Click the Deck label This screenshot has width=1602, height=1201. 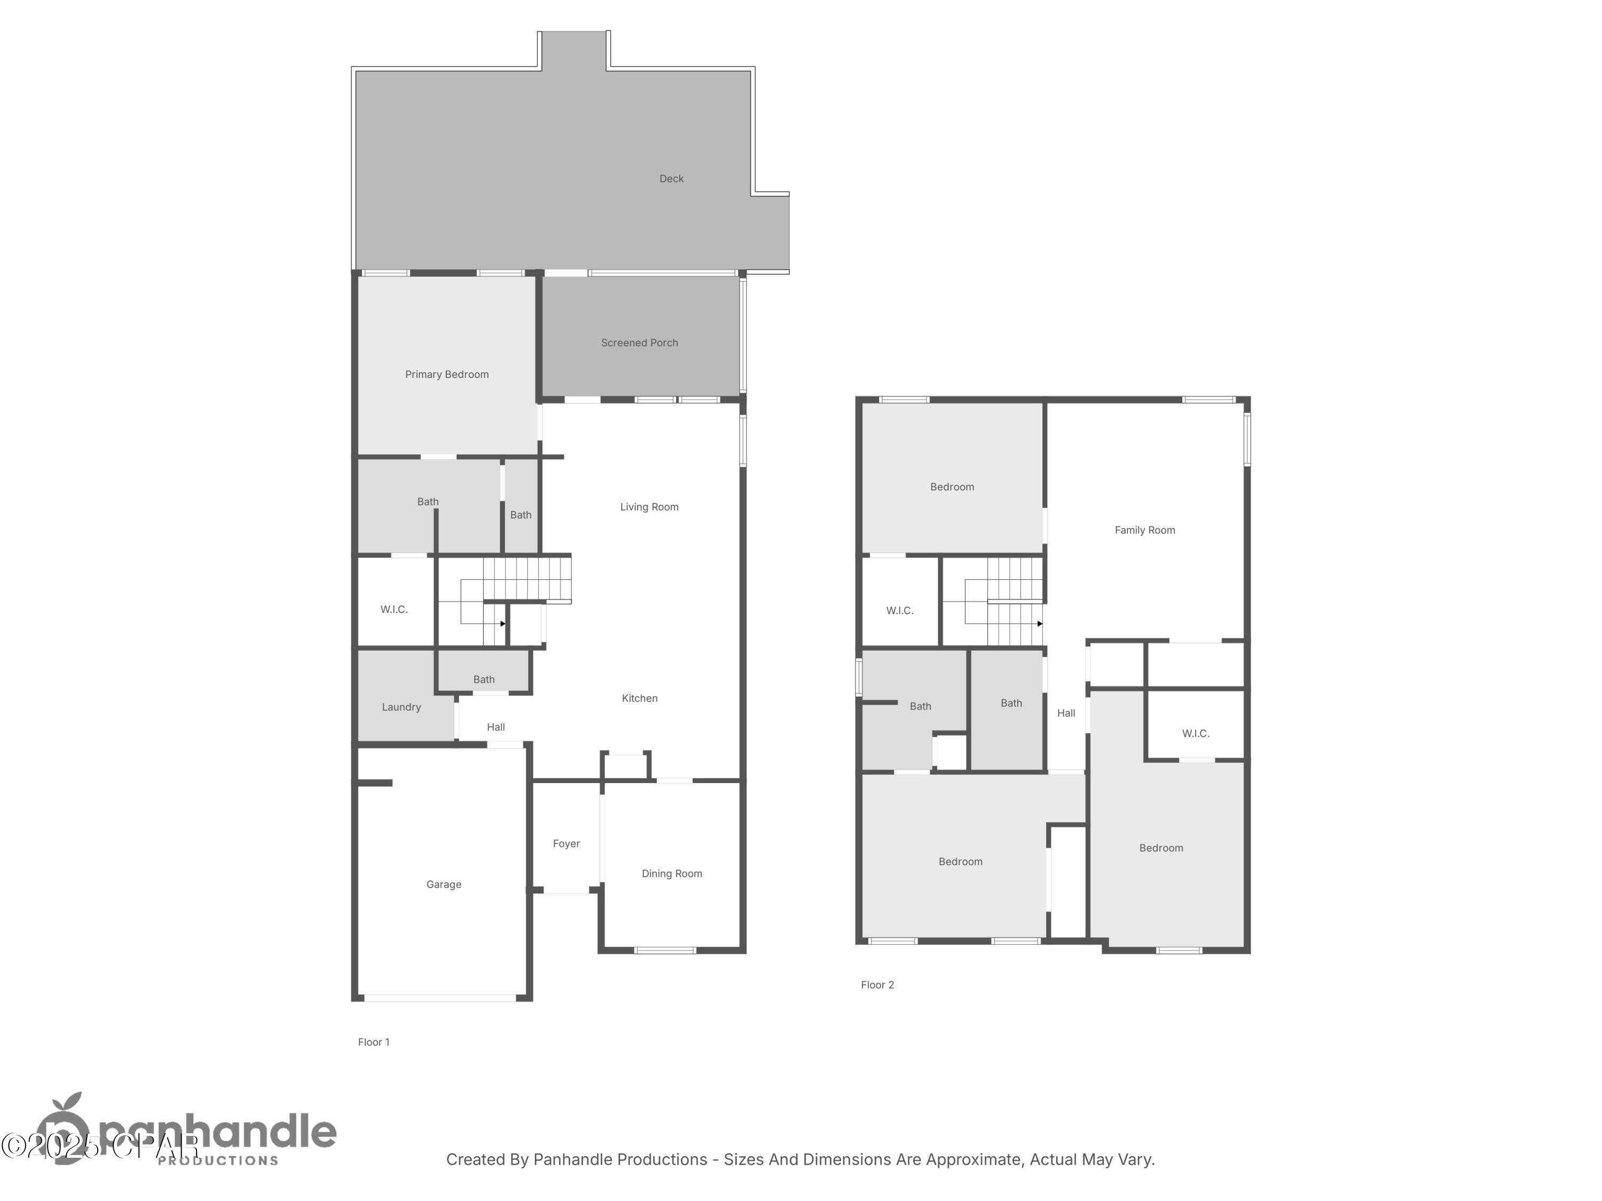tap(671, 179)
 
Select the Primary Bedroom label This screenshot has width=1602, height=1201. tap(447, 374)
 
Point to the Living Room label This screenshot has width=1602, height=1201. tap(649, 507)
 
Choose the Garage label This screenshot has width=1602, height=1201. tap(444, 884)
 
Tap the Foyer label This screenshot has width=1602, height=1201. tap(567, 843)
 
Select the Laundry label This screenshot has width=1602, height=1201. tap(401, 707)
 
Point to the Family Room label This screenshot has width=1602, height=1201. tap(1145, 530)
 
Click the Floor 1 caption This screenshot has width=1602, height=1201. tap(374, 1042)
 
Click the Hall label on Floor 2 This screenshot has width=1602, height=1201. tap(1066, 713)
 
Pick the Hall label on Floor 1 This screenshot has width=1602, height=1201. tap(496, 727)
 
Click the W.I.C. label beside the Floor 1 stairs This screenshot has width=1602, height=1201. tap(394, 610)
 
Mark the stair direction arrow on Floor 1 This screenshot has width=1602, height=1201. tap(502, 624)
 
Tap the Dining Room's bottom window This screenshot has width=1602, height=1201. tap(665, 951)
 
